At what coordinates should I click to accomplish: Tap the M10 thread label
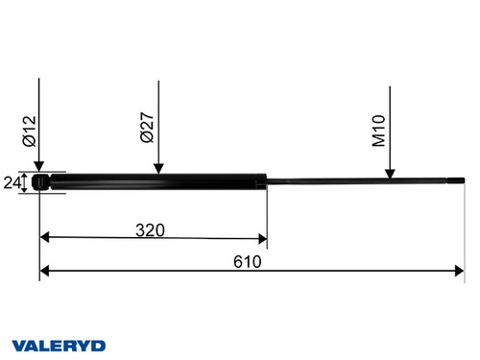pyautogui.click(x=379, y=130)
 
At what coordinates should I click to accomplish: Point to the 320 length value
pyautogui.click(x=150, y=230)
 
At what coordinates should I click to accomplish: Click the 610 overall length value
pyautogui.click(x=249, y=261)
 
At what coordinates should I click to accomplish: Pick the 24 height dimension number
pyautogui.click(x=12, y=182)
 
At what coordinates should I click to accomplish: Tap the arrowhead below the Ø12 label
pyautogui.click(x=38, y=166)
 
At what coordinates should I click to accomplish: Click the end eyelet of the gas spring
pyautogui.click(x=39, y=181)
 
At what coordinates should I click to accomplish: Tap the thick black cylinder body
pyautogui.click(x=154, y=181)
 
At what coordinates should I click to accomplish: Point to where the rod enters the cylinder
pyautogui.click(x=266, y=181)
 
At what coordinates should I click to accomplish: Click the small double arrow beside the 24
pyautogui.click(x=25, y=182)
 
